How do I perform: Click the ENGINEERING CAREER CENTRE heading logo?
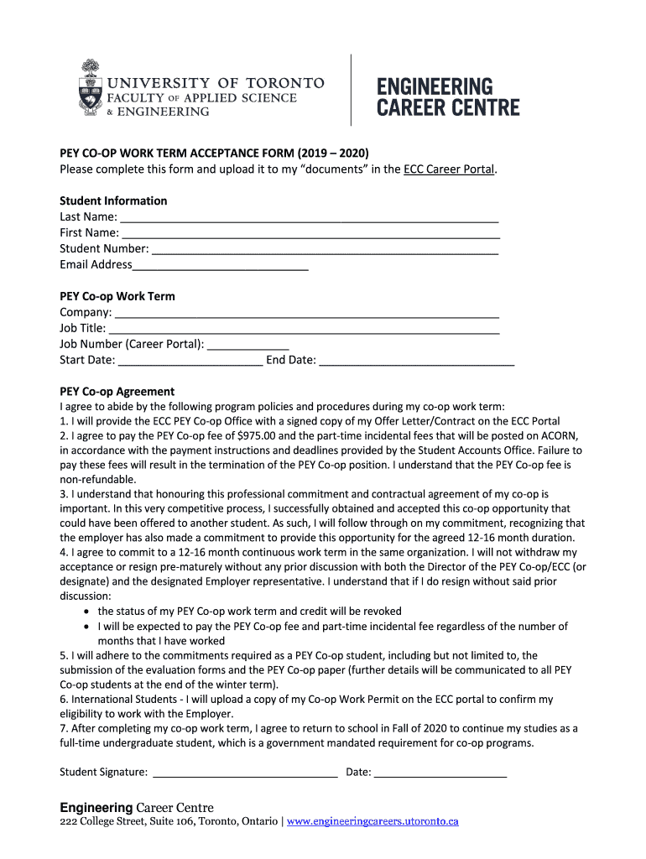coord(448,96)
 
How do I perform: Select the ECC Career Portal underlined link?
coord(450,169)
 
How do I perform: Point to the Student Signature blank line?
coord(244,773)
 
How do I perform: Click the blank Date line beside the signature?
coord(440,773)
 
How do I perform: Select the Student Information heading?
coord(113,200)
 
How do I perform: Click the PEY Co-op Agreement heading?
coord(117,391)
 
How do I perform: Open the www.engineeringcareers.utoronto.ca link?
coord(372,822)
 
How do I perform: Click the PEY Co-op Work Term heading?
coord(117,296)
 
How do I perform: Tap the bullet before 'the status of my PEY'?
coord(87,612)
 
